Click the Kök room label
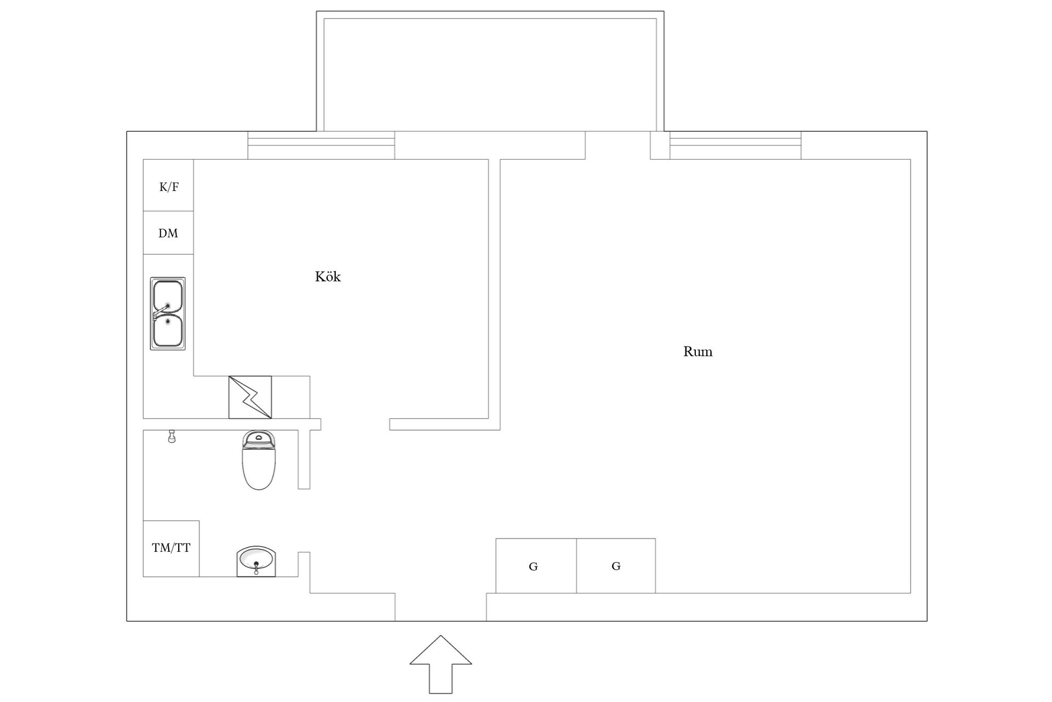328,276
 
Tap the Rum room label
697,352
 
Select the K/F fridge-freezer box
168,185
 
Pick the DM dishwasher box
168,233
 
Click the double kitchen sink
168,314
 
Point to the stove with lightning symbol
250,397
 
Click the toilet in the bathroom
259,460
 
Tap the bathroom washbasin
256,561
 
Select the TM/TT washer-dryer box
171,548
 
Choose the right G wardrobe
616,566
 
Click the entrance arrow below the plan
441,665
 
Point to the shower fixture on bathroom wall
171,437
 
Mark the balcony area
490,71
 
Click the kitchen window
321,145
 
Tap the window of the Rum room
735,145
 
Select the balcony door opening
618,145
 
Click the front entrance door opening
441,607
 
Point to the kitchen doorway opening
355,424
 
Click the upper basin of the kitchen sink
167,296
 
